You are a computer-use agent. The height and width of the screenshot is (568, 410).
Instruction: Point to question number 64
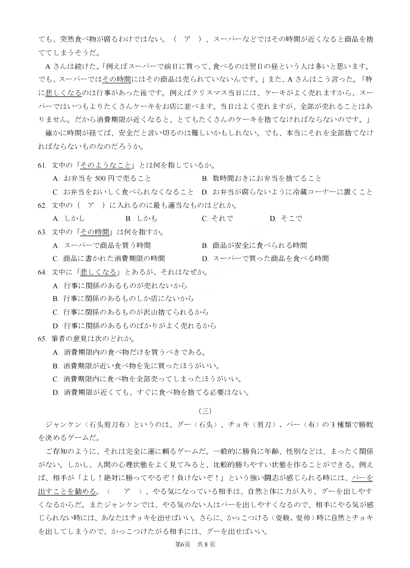[42, 272]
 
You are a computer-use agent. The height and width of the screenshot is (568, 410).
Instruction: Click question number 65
[42, 339]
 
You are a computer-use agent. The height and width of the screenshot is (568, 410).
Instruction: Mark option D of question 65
[152, 392]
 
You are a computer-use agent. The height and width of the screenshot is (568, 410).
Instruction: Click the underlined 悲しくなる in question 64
[98, 272]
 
